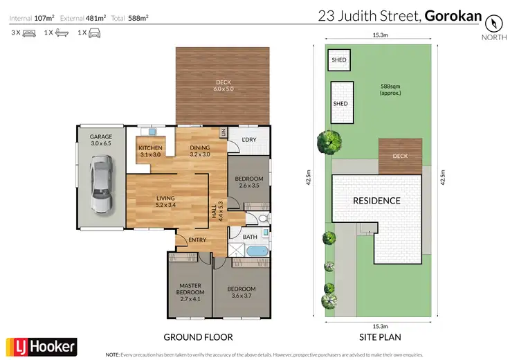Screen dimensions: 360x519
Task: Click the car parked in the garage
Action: tap(101, 185)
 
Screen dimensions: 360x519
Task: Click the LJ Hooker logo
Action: tap(42, 345)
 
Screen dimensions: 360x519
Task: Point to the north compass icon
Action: tap(493, 22)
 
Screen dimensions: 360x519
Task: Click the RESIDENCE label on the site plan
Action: tap(377, 201)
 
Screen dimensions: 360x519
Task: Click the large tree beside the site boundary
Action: tap(329, 142)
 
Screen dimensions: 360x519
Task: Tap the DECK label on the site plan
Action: tap(400, 156)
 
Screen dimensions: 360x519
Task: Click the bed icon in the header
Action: tap(28, 33)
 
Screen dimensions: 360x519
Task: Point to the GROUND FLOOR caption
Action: tap(198, 337)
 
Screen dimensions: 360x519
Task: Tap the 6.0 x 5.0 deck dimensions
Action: tap(223, 89)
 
